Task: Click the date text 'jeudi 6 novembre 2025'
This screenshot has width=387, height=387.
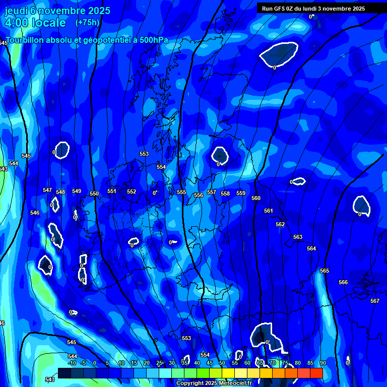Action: click(x=57, y=11)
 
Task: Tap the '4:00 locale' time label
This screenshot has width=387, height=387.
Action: click(x=35, y=23)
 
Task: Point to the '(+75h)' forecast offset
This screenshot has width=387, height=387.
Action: click(x=87, y=22)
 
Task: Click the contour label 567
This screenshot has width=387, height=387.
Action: click(x=374, y=301)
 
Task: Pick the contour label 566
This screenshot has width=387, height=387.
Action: click(x=343, y=283)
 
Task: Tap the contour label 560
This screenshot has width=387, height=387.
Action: click(x=256, y=199)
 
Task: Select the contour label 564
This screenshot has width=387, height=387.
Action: click(x=311, y=248)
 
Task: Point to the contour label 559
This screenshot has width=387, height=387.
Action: click(x=241, y=193)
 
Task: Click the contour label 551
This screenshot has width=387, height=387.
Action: click(x=112, y=191)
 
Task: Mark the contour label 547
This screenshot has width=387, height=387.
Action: click(x=47, y=190)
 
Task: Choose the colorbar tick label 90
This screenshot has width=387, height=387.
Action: click(x=322, y=363)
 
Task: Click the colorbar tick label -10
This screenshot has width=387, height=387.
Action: click(x=72, y=363)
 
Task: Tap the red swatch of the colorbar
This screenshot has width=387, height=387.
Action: click(x=316, y=373)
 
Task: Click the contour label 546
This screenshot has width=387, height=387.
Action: click(x=35, y=213)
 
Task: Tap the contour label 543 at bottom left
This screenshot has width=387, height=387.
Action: click(x=49, y=379)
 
